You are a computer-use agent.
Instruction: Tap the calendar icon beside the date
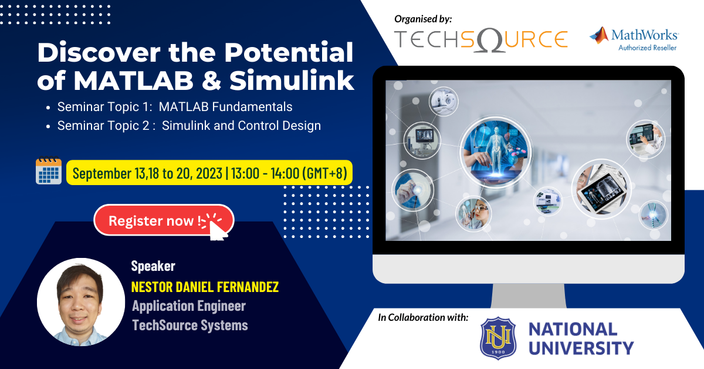point(49,172)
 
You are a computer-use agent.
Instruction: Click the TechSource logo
point(480,39)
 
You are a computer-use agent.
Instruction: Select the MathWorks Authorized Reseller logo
point(634,39)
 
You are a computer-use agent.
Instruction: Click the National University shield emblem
point(498,338)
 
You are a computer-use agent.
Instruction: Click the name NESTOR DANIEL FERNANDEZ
point(205,287)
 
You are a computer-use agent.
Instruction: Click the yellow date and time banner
point(209,173)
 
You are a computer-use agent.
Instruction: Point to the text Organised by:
point(424,19)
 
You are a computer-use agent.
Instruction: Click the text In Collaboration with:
point(423,318)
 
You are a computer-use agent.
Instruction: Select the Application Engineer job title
point(188,306)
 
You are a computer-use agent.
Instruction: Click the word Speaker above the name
point(153,266)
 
